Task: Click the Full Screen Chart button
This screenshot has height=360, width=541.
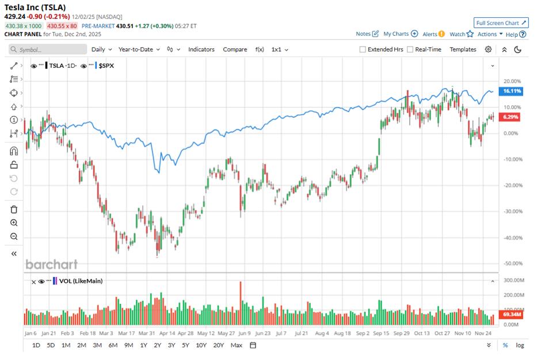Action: pos(501,23)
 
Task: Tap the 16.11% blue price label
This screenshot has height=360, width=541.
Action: pos(512,91)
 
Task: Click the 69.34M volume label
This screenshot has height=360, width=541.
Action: pos(511,316)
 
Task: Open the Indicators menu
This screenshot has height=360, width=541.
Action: pos(201,49)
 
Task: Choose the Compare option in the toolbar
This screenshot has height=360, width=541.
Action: pos(235,49)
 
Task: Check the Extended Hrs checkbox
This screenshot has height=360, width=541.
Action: pos(363,49)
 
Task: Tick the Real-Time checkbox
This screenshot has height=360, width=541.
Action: pos(410,49)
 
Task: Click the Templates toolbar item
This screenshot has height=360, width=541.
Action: pos(463,49)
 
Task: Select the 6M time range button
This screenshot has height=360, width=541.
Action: pos(113,345)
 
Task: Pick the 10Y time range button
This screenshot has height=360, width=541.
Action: pos(201,345)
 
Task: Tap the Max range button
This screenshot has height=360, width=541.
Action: pos(236,345)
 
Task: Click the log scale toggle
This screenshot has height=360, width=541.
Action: pos(520,345)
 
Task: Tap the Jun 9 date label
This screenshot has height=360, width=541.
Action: pos(244,333)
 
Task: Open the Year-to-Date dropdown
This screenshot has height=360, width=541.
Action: pos(139,49)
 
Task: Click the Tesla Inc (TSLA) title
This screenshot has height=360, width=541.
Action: pos(35,7)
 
